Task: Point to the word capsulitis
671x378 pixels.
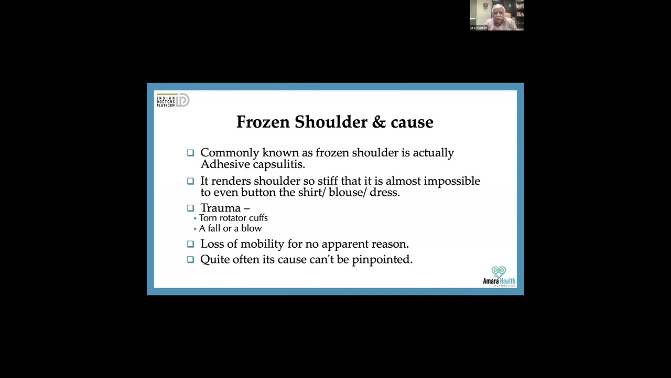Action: click(x=279, y=165)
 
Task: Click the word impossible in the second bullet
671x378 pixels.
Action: click(x=452, y=181)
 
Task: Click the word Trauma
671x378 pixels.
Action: click(x=220, y=208)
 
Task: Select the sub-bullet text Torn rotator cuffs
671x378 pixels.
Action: click(x=233, y=218)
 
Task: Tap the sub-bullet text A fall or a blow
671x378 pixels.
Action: click(x=230, y=228)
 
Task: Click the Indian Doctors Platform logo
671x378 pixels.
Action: click(x=172, y=100)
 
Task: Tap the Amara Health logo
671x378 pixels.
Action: click(x=499, y=276)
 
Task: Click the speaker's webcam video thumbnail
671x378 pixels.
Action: click(x=496, y=15)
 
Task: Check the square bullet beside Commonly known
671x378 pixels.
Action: click(x=190, y=153)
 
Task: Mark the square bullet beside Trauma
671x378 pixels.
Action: click(x=190, y=208)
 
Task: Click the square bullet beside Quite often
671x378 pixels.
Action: click(x=190, y=259)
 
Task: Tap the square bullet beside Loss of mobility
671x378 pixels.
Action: click(x=190, y=244)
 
